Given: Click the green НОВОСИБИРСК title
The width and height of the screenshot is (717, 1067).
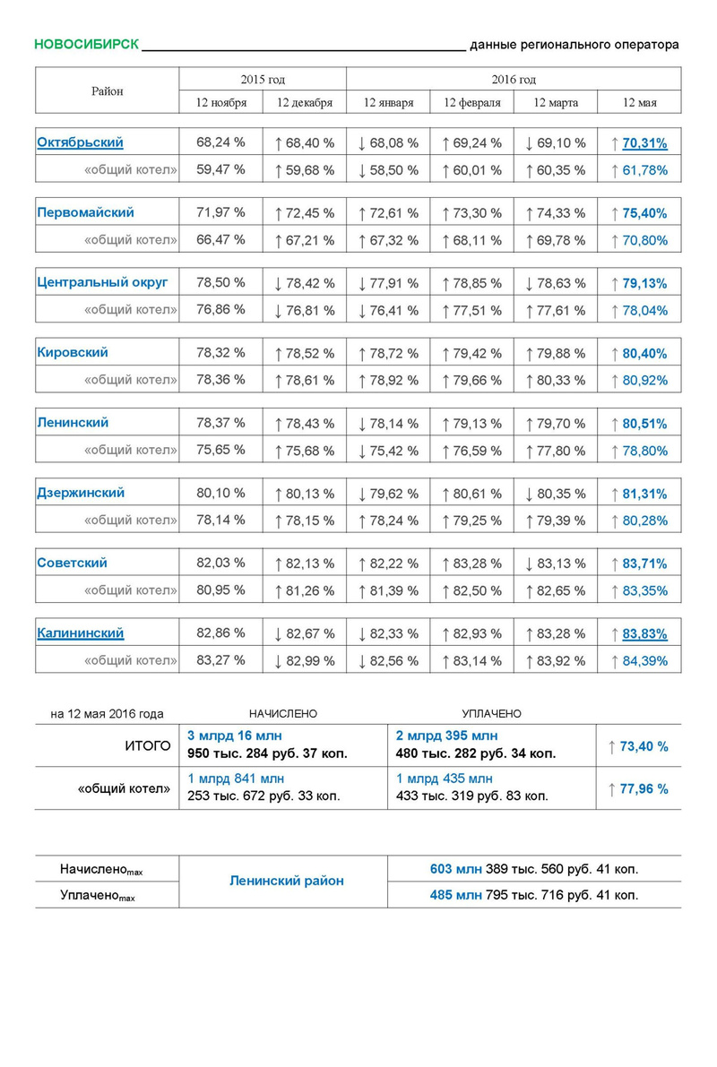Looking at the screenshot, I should point(86,45).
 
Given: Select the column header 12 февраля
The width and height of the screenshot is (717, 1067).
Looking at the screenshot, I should point(471,102).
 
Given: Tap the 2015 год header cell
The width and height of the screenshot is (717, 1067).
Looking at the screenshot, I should point(263,80).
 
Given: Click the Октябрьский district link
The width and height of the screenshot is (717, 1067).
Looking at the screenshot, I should point(80,142).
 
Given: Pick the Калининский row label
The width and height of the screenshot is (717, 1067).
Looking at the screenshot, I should point(80,633).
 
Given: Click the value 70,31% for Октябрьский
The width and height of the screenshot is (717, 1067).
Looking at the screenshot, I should point(644,142).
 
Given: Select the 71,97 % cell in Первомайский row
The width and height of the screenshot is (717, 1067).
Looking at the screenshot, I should point(220,213).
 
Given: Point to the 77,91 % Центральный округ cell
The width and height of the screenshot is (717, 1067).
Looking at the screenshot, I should point(388,283).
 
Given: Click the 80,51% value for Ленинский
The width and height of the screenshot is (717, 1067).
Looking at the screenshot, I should point(644,424).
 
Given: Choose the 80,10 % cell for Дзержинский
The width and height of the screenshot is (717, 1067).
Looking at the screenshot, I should point(220,493).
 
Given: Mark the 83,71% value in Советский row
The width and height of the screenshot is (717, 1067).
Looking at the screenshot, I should point(644,564).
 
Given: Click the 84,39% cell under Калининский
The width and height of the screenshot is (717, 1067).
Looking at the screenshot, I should point(644,661).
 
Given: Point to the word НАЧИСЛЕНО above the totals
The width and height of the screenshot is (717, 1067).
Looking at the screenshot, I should point(283,714).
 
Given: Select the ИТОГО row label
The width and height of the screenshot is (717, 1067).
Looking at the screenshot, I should point(146,745).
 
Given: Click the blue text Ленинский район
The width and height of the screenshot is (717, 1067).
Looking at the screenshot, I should point(283,882).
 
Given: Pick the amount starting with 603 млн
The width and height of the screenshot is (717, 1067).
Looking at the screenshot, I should point(534,869).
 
